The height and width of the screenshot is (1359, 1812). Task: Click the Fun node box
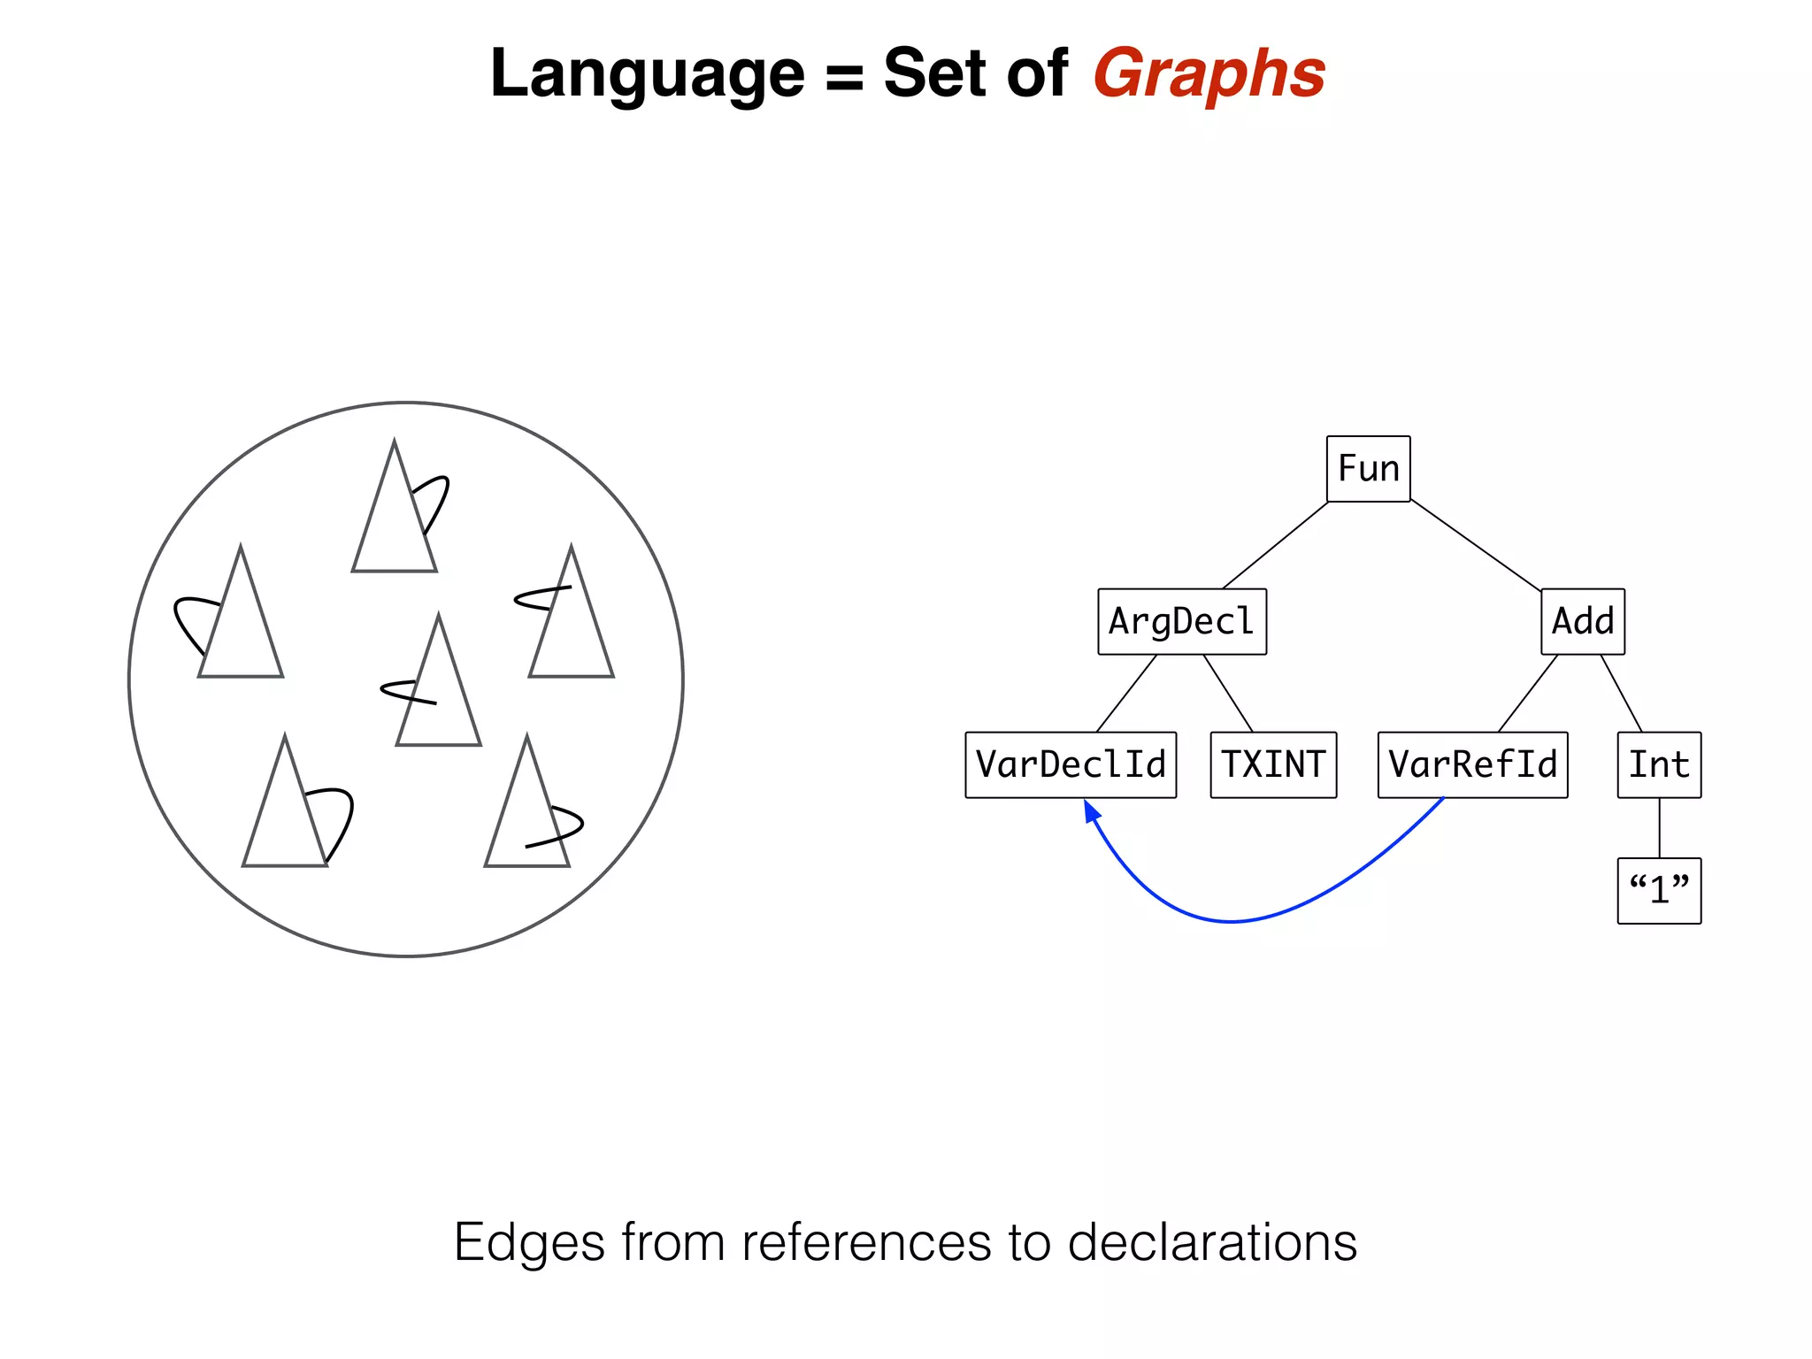(x=1368, y=469)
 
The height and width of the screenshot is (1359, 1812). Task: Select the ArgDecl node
(x=1182, y=621)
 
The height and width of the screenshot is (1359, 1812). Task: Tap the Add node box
(x=1582, y=621)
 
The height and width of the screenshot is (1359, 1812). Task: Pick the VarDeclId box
(x=1071, y=764)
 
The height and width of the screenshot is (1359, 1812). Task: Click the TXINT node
(x=1273, y=764)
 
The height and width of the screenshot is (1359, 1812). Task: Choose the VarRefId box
(x=1472, y=764)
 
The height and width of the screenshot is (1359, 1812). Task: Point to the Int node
(x=1659, y=764)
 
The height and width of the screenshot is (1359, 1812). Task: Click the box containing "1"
(x=1659, y=890)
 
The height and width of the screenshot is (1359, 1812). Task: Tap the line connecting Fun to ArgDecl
(x=1275, y=545)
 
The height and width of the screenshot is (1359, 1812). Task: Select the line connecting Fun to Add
(x=1476, y=545)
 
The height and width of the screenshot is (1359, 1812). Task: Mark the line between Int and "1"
(x=1659, y=828)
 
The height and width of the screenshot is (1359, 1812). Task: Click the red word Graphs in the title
(x=1209, y=74)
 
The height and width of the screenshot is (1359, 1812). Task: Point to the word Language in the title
(x=647, y=74)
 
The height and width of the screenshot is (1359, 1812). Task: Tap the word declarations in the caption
(x=1212, y=1242)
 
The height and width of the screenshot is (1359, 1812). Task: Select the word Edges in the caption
(x=529, y=1242)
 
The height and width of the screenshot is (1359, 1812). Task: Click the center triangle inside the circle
(x=439, y=699)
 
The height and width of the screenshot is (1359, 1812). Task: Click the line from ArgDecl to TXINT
(x=1228, y=694)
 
